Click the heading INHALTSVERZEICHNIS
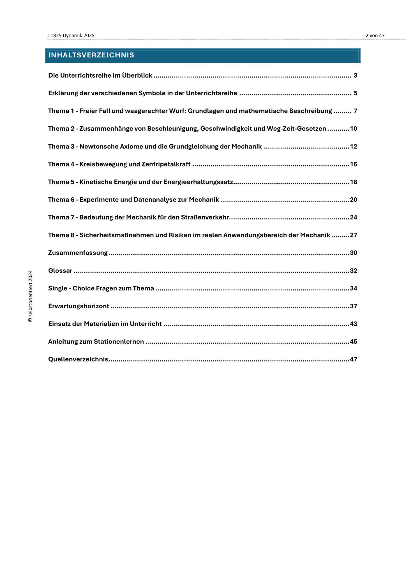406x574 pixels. [x=91, y=55]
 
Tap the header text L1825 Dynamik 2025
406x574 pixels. [x=71, y=36]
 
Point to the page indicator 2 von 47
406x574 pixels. [x=375, y=36]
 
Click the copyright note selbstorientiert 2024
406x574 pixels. [x=30, y=296]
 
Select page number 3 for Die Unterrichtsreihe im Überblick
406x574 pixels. [x=355, y=75]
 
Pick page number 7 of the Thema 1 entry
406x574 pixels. [x=355, y=111]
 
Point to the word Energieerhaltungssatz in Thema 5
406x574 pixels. [x=198, y=182]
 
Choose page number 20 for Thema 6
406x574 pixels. [x=354, y=200]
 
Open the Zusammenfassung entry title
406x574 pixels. [x=78, y=253]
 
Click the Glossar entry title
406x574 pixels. [x=60, y=271]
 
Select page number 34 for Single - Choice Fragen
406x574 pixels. [x=354, y=288]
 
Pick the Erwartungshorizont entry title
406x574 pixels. [x=79, y=306]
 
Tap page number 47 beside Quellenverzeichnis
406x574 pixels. [x=354, y=359]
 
